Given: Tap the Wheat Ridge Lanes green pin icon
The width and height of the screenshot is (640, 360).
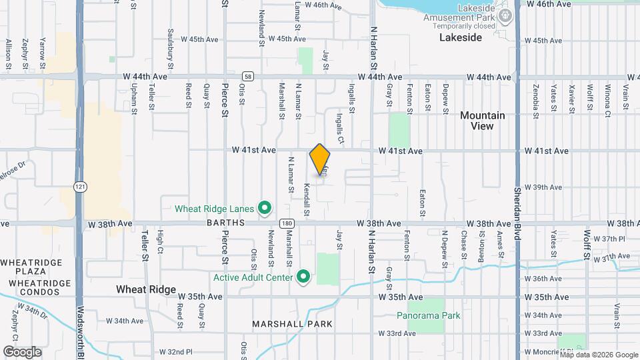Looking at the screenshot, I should tap(264, 209).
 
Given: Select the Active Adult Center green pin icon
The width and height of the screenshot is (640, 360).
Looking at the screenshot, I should tap(303, 276).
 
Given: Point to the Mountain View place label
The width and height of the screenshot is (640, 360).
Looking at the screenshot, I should tap(483, 121).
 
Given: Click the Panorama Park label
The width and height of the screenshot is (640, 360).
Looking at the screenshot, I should tap(429, 315).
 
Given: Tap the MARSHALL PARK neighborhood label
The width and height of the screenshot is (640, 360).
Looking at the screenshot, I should tap(292, 324).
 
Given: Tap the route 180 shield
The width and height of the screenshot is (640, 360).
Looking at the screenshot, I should tap(287, 223).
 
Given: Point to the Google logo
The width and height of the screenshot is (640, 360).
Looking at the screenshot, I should tap(22, 351).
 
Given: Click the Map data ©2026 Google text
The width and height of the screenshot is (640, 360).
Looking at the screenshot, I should tap(598, 355).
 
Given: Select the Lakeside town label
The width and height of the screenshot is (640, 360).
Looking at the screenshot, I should tap(461, 38).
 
